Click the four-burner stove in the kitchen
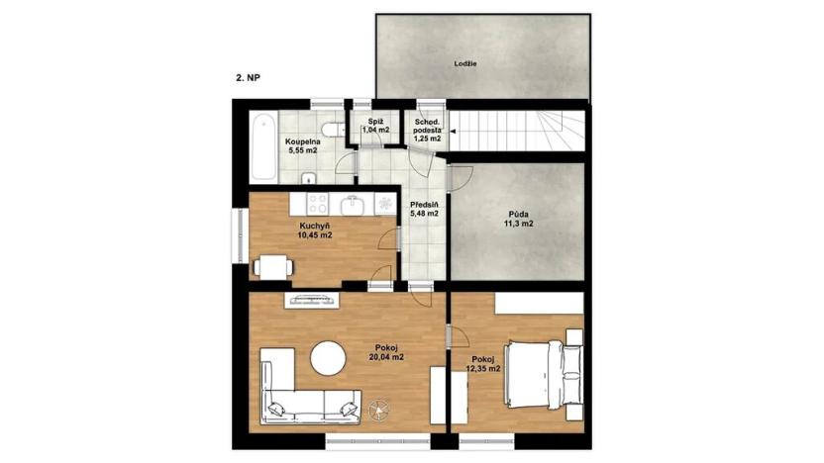318,205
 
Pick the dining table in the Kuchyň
272,264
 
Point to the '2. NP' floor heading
249,76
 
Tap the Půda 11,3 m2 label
515,218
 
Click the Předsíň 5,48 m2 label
424,209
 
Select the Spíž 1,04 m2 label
375,126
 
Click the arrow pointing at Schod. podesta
446,128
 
